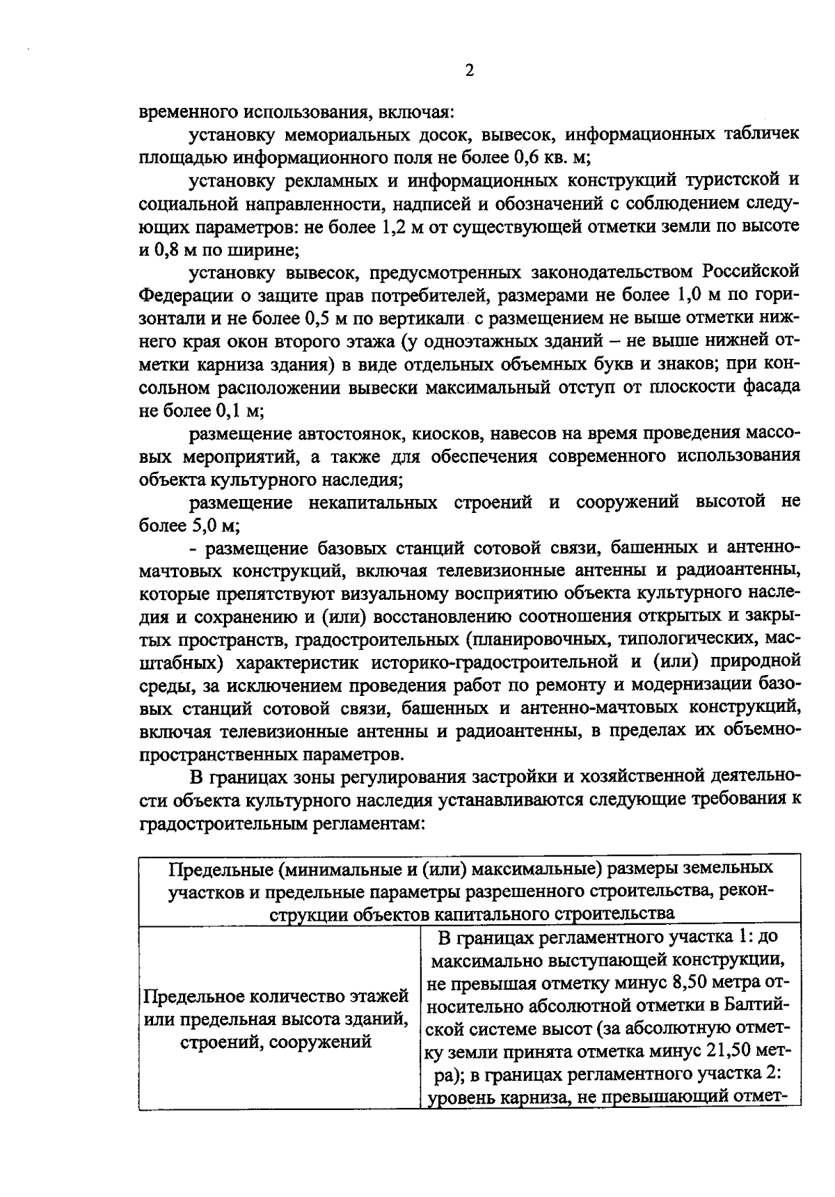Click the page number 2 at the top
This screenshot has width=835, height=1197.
pyautogui.click(x=469, y=72)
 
